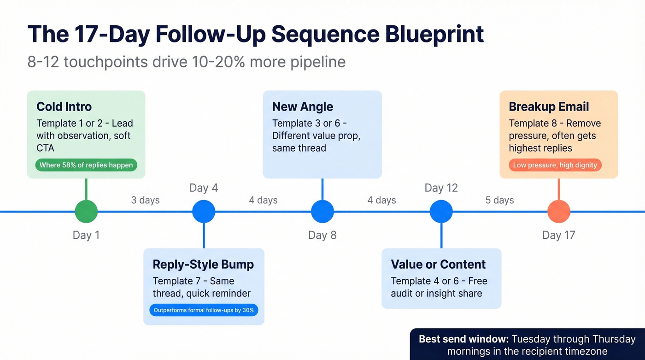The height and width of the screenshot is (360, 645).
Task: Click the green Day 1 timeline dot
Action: [x=86, y=212]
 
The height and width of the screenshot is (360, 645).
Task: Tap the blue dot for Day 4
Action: [x=204, y=212]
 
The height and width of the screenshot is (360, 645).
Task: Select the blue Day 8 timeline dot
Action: [x=322, y=212]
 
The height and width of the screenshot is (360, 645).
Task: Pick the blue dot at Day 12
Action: [x=441, y=212]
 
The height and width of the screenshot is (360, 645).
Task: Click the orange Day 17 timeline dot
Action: [x=558, y=212]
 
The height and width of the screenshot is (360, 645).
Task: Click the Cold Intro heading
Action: [x=64, y=106]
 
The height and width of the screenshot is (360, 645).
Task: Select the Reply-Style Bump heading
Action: [x=203, y=264]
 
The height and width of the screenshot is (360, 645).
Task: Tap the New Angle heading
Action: [x=303, y=106]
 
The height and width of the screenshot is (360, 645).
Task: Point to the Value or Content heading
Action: [x=438, y=264]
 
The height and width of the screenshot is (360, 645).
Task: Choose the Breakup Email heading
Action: [x=549, y=106]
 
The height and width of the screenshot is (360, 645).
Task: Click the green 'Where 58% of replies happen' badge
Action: [x=86, y=165]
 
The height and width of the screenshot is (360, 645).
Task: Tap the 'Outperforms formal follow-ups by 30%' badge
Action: [x=204, y=310]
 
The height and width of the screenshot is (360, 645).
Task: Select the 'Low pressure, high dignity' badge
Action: [x=555, y=165]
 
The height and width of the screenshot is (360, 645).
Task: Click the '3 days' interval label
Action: [x=145, y=200]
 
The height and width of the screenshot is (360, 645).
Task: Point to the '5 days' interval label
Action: [x=499, y=200]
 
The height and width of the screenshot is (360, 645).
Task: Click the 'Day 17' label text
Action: [x=558, y=235]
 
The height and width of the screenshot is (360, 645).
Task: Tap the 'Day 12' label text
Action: [x=441, y=188]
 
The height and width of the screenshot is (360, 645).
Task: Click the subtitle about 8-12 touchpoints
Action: [x=186, y=62]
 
